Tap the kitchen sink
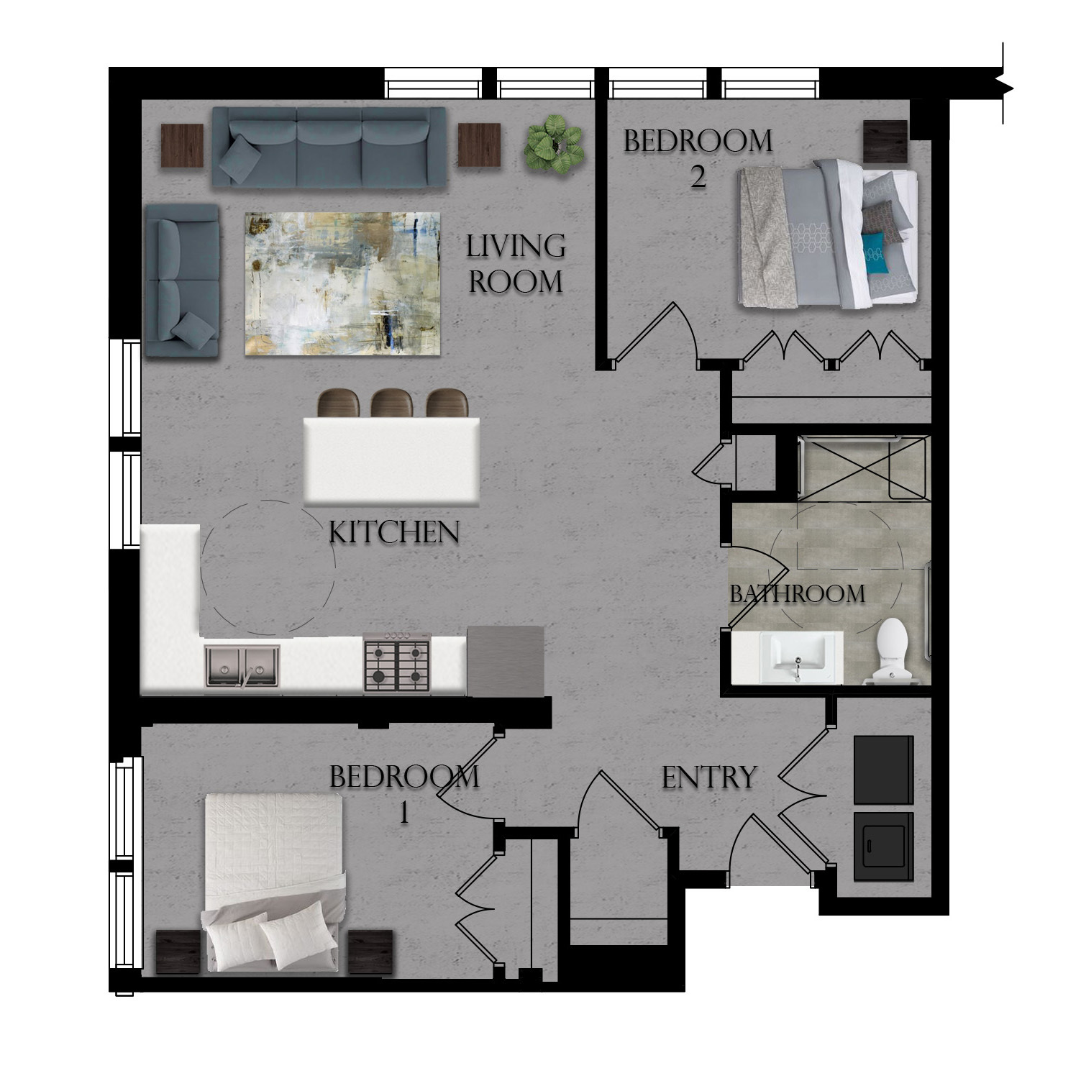point(242,666)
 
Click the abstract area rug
point(342,283)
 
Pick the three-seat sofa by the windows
point(329,147)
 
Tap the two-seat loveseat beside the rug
point(181,280)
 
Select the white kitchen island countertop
point(392,460)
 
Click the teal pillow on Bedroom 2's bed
point(877,253)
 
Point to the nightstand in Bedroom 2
point(885,141)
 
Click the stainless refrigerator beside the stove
point(505,661)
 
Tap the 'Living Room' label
point(515,264)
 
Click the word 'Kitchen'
point(393,533)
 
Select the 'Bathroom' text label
point(797,594)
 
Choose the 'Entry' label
point(708,777)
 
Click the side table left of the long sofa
point(182,145)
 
